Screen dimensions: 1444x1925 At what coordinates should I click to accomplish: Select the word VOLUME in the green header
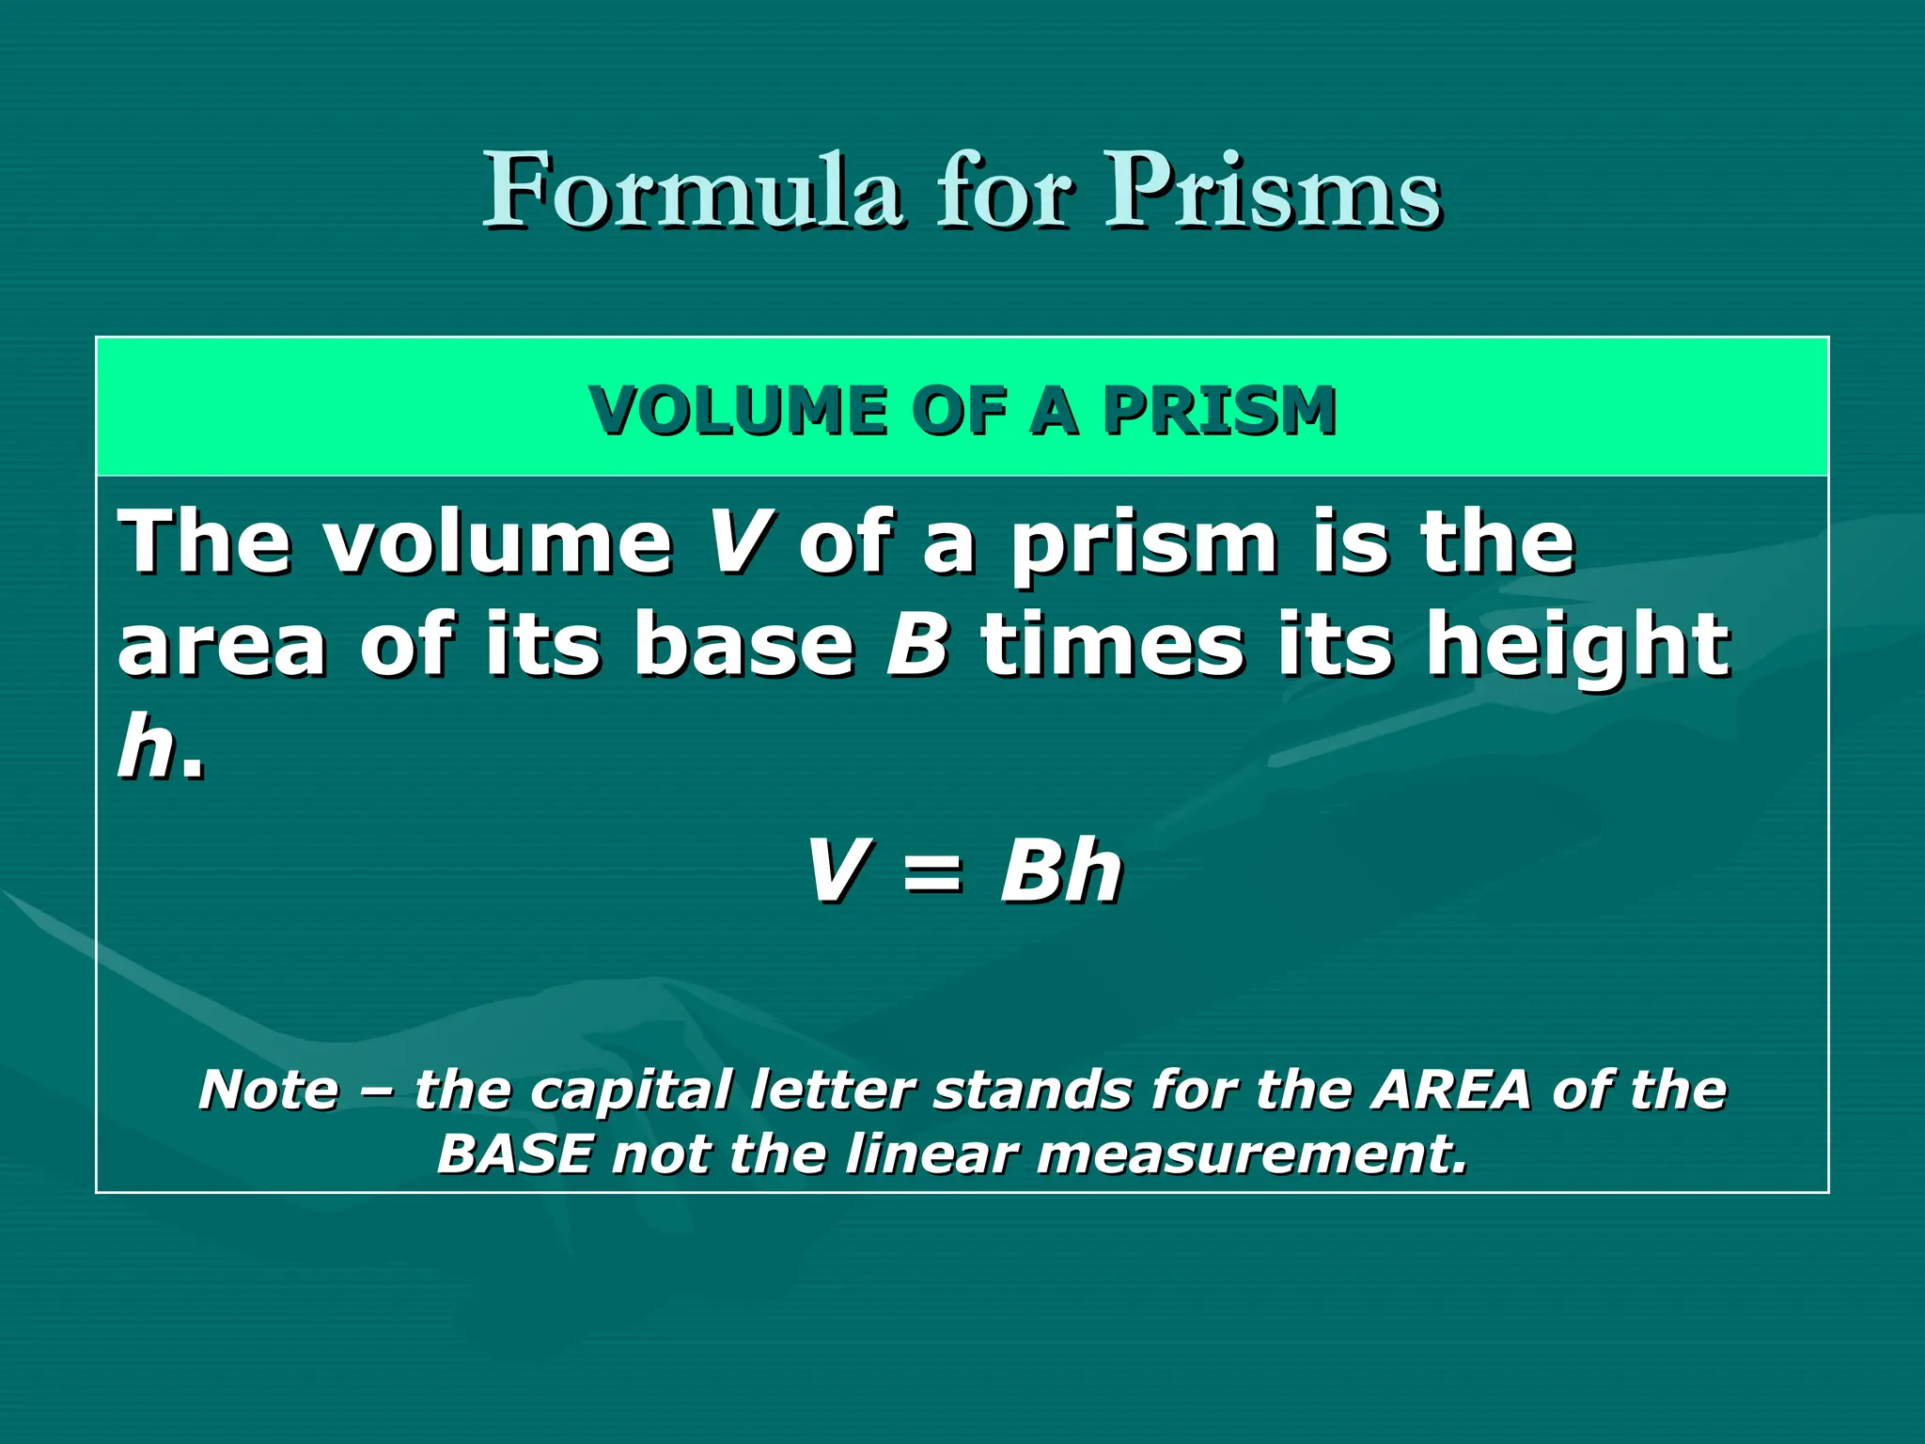[x=738, y=411]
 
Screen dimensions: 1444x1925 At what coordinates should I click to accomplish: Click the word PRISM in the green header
[x=1219, y=411]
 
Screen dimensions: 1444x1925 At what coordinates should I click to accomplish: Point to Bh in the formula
[x=1061, y=871]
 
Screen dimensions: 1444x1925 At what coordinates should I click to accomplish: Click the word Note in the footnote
[x=269, y=1091]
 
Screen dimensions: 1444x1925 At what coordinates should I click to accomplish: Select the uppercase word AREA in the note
[x=1451, y=1091]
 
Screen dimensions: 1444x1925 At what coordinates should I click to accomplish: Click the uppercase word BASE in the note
[x=516, y=1154]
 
